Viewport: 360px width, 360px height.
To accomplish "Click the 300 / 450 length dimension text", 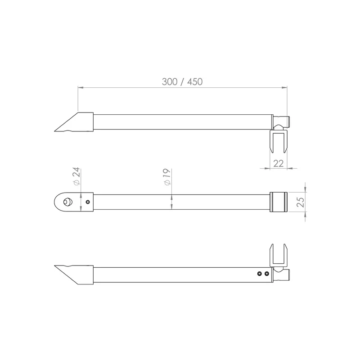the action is [182, 82].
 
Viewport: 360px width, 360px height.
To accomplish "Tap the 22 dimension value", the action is [278, 163].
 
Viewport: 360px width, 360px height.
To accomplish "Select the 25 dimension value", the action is [300, 202].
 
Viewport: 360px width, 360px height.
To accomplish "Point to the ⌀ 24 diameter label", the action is [76, 176].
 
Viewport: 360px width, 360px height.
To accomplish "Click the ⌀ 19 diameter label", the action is [167, 177].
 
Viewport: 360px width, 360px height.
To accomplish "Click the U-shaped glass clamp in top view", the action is [278, 141].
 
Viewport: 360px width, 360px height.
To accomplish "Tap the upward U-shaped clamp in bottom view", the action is [278, 255].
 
